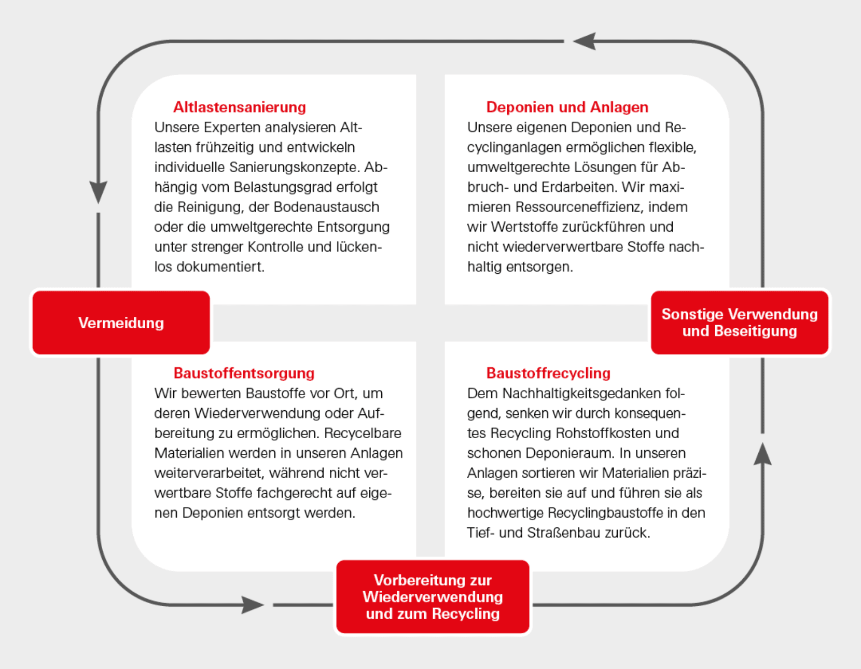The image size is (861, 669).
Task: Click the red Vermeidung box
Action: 121,323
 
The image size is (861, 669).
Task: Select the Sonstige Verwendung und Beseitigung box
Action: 739,323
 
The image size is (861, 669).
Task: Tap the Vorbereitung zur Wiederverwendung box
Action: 433,596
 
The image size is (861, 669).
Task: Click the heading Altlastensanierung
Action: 239,107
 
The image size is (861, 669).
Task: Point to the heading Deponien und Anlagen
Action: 567,107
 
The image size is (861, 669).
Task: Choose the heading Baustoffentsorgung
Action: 244,373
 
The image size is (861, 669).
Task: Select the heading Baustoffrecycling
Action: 548,373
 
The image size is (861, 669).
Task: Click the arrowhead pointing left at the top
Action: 585,41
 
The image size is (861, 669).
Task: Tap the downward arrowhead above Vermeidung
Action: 98,192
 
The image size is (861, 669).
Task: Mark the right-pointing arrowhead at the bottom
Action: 253,605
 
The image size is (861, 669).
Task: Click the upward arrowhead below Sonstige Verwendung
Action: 762,454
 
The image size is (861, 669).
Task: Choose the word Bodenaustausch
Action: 326,207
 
